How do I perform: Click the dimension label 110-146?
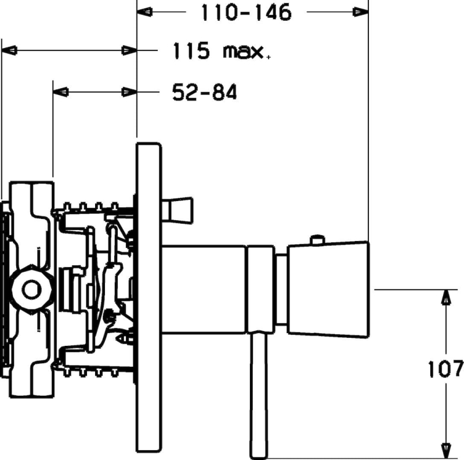coord(246,13)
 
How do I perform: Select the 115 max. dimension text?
coord(221,51)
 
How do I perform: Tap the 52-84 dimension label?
coord(205,92)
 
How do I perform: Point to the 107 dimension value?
coord(445,368)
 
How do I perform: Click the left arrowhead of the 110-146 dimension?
coord(144,12)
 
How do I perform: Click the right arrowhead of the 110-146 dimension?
coord(361,12)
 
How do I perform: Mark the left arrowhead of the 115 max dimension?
coord(9,50)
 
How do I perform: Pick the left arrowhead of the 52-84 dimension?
coord(61,92)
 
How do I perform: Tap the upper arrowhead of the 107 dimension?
coord(446,297)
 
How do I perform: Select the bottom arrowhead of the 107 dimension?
coord(446,451)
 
